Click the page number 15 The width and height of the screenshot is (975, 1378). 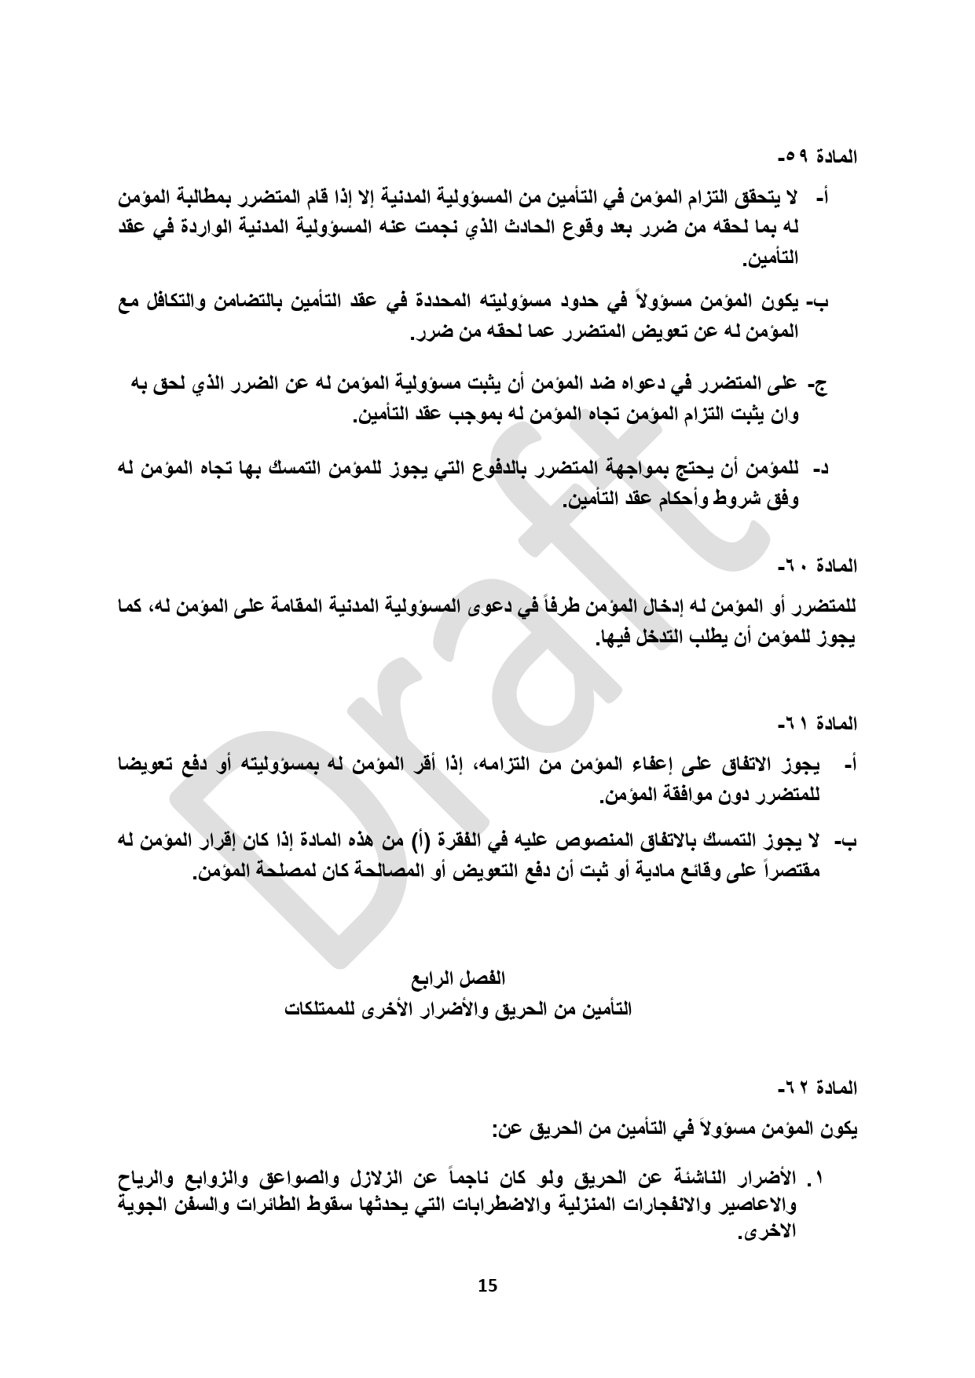[487, 1285]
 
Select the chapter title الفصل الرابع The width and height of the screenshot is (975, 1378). [460, 978]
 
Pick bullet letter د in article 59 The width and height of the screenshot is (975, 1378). [820, 470]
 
